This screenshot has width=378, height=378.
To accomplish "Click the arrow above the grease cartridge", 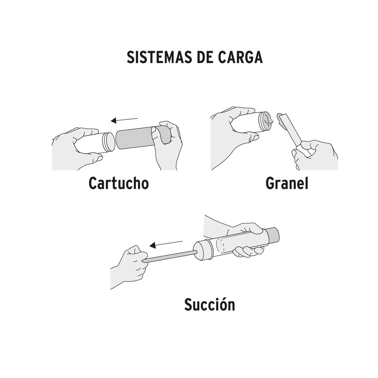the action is (x=124, y=119).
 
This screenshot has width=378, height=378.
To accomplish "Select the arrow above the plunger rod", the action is (x=166, y=244).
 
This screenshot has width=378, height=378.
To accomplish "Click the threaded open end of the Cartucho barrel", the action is (x=108, y=142).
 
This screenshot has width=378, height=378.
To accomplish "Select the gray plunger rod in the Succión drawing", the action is (x=172, y=256).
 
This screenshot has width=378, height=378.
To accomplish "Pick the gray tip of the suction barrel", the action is (x=273, y=235).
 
